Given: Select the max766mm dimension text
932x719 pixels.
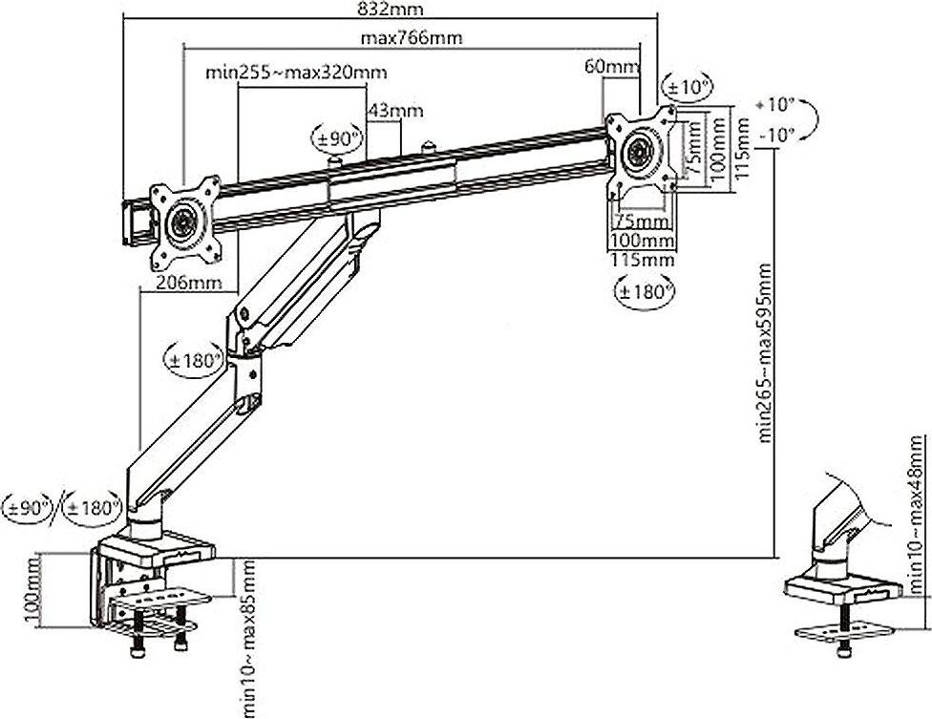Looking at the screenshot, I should [x=412, y=39].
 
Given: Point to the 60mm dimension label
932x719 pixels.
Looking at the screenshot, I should [x=611, y=66].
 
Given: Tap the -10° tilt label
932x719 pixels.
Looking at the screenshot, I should [x=777, y=135].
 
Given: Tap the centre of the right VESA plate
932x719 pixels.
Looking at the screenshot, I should [x=639, y=152].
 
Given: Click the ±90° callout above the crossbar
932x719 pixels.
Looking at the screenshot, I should [x=337, y=139].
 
